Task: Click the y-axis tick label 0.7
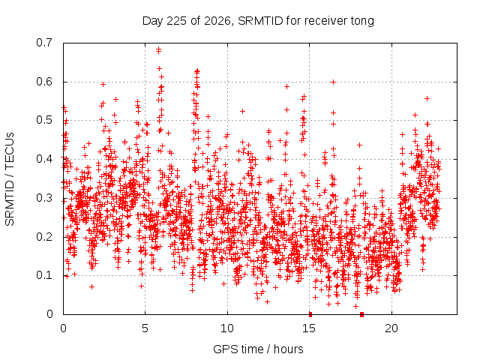[x=44, y=43]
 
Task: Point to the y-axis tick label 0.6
[x=44, y=82]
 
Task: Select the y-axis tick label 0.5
[x=44, y=120]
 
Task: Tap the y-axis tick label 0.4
[x=44, y=159]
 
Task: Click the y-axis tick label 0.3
[x=44, y=198]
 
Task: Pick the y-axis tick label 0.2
[x=44, y=237]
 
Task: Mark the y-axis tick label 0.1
[x=44, y=275]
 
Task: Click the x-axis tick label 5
[x=145, y=328]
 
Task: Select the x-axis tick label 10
[x=226, y=328]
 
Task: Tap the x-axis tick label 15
[x=309, y=328]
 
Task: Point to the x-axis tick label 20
[x=391, y=328]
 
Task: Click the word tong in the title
[x=362, y=21]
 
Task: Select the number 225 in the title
[x=175, y=21]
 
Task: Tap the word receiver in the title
[x=325, y=21]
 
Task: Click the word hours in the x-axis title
[x=288, y=349]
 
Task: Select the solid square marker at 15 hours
[x=310, y=314]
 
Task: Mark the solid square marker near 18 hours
[x=361, y=314]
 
